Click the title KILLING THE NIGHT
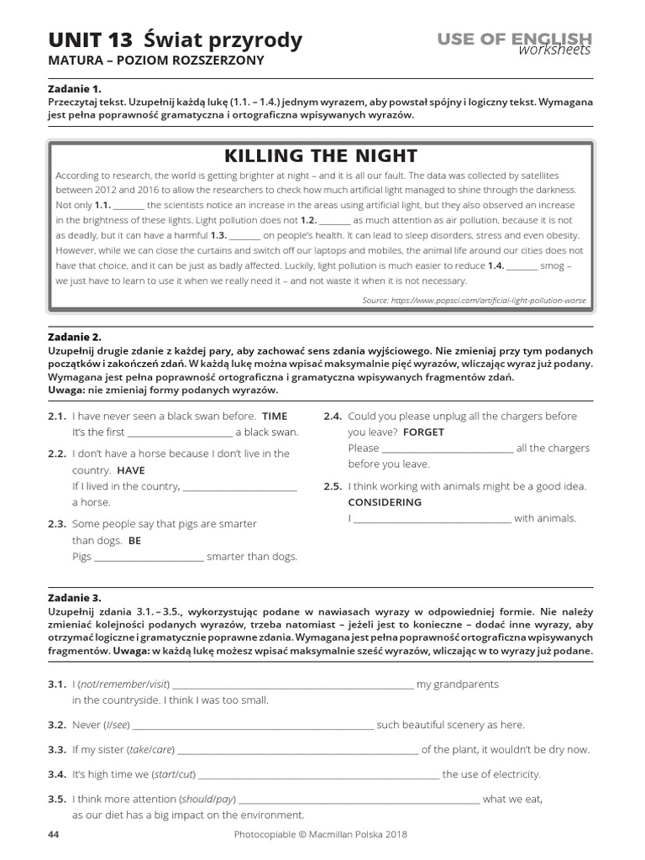pos(319,156)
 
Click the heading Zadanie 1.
pos(74,88)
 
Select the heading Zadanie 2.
pos(74,337)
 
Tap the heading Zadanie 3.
pos(74,598)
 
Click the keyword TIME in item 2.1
pos(275,416)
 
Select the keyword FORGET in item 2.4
pos(423,433)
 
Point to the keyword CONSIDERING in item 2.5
pos(385,502)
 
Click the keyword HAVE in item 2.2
pos(130,470)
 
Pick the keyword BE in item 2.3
pos(134,541)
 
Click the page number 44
pos(54,835)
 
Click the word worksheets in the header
pos(554,50)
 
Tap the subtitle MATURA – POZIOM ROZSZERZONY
pos(156,60)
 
